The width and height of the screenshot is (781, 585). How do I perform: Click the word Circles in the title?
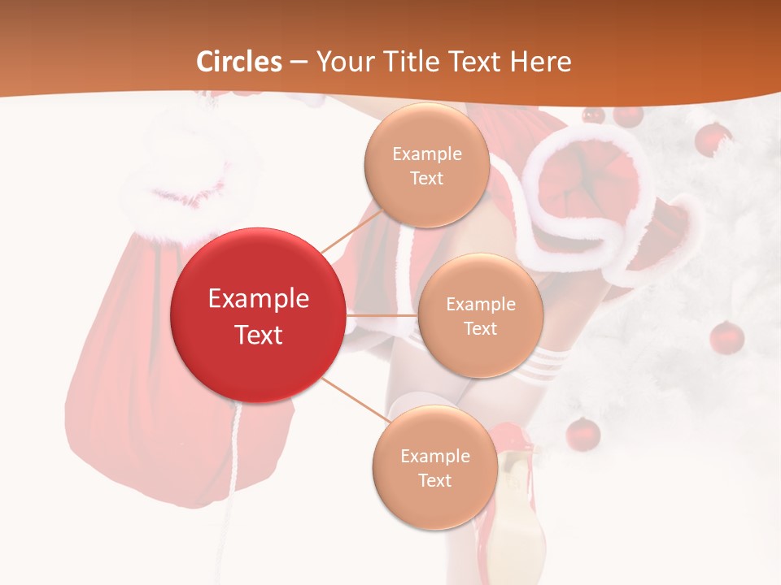(x=238, y=62)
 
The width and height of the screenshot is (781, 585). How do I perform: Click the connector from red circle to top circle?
(x=351, y=229)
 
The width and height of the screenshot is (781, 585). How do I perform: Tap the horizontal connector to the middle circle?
(x=382, y=314)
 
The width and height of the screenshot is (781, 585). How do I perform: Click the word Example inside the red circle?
(x=258, y=299)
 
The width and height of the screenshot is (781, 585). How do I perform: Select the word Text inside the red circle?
(x=258, y=335)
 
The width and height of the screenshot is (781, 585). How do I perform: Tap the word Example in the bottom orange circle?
(x=434, y=456)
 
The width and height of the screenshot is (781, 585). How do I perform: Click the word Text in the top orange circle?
(x=426, y=178)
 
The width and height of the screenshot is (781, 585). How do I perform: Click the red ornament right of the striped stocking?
(x=726, y=337)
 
